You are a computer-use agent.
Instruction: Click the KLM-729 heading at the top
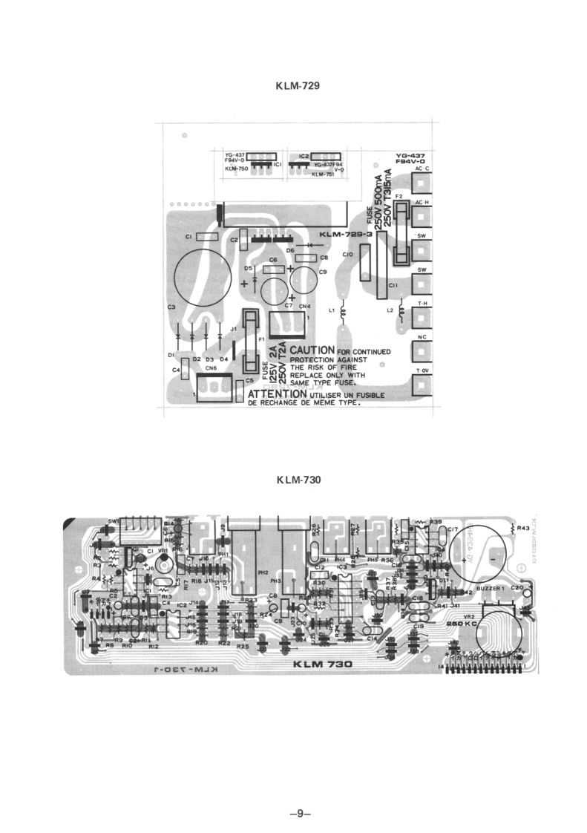(298, 86)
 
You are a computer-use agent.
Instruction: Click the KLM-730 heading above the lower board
(298, 480)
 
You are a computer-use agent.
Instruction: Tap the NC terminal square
(422, 351)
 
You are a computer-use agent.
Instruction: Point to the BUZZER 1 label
(490, 588)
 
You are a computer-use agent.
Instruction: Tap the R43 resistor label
(523, 529)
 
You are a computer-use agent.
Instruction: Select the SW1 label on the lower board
(114, 520)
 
